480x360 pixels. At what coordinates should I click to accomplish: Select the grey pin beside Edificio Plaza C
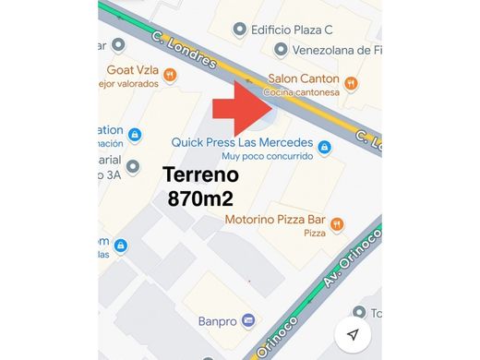point(241,29)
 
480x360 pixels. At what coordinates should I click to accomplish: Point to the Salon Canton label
point(303,78)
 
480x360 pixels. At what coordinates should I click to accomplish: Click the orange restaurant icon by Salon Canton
point(354,78)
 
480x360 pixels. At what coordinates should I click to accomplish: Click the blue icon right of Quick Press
point(324,145)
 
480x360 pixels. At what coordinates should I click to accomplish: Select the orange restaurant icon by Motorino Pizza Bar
point(337,222)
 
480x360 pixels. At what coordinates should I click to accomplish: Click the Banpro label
point(218,321)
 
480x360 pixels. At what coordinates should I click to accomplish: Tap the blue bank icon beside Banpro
point(249,321)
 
